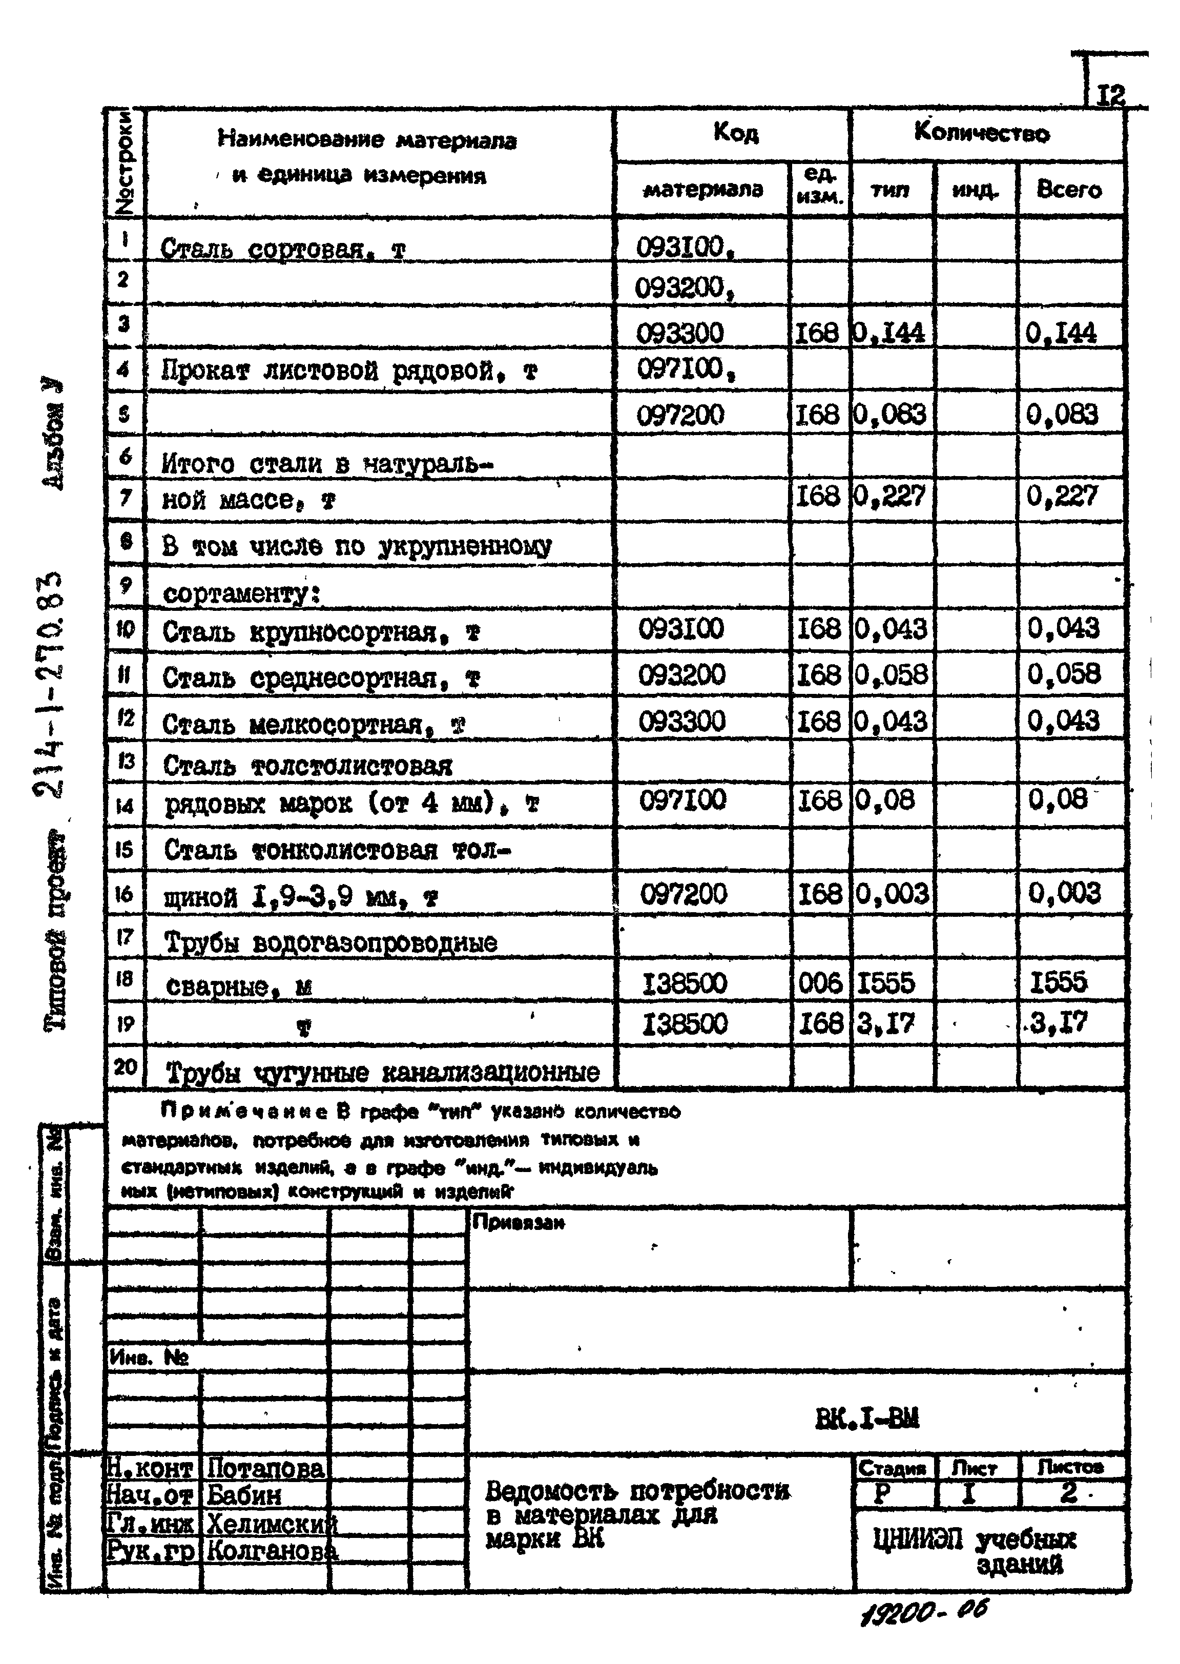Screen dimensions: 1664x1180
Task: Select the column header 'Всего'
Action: tap(1069, 190)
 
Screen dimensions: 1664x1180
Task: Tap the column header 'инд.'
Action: tap(975, 190)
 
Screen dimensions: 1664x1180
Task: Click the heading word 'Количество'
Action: tap(982, 133)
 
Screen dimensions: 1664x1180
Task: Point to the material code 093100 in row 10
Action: tap(681, 628)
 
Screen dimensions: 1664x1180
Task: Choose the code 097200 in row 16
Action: tap(683, 894)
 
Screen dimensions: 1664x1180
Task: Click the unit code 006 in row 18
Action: tap(820, 983)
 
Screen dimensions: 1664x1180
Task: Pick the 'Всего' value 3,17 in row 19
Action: tap(1060, 1023)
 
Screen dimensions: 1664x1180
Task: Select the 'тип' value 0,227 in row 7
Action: tap(890, 496)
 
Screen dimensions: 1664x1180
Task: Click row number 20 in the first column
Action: tap(125, 1066)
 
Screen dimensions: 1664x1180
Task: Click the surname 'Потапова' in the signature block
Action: tap(266, 1469)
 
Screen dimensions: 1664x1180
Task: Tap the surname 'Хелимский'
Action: tap(272, 1523)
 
